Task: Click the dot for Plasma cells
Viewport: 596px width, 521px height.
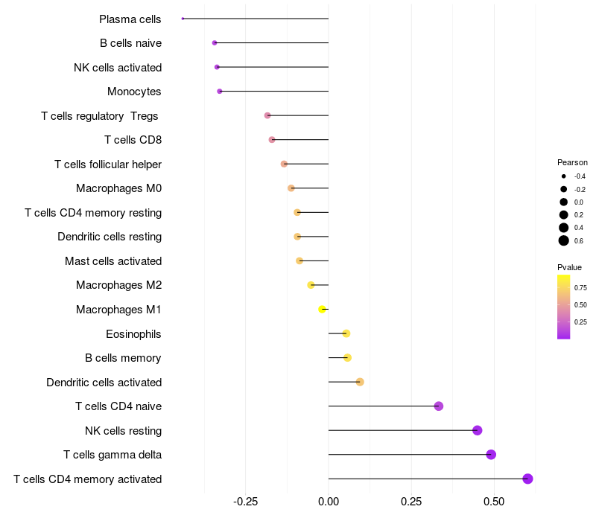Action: point(183,19)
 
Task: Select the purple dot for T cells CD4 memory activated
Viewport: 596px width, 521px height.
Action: point(527,479)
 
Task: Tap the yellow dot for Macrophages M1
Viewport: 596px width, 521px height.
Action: point(323,309)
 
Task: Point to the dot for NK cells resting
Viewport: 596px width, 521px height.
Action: point(478,430)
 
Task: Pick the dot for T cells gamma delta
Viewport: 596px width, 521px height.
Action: point(491,455)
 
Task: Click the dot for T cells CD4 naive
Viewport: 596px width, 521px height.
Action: point(439,406)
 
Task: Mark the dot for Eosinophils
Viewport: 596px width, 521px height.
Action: point(346,333)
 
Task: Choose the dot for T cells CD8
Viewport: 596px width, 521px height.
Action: point(272,140)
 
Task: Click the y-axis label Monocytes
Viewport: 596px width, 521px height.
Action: point(134,92)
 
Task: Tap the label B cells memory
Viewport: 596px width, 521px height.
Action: point(123,358)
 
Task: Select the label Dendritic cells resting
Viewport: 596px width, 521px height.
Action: point(110,237)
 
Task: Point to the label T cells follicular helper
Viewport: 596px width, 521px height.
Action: point(108,164)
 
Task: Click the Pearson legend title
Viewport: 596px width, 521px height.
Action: point(572,162)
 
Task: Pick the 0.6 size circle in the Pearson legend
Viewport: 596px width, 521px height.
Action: point(564,240)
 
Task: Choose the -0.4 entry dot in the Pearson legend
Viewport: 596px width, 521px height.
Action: point(564,176)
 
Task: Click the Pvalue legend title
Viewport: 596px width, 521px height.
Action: point(569,267)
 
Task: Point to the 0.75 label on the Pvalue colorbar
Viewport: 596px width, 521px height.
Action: point(581,287)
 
